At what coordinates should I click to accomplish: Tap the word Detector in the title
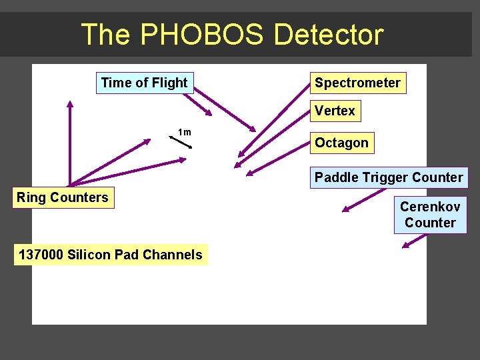(329, 35)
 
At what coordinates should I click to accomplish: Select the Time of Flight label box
(145, 83)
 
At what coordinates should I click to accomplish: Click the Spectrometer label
(357, 83)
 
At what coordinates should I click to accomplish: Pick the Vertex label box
(335, 111)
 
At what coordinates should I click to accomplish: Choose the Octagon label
(341, 143)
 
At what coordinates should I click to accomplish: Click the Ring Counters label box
(62, 197)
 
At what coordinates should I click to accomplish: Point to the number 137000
(41, 255)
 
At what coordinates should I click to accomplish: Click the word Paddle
(337, 177)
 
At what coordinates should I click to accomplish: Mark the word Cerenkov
(430, 207)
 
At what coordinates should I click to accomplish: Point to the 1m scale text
(185, 132)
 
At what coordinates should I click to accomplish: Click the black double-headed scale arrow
(181, 142)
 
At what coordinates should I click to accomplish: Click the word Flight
(170, 83)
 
